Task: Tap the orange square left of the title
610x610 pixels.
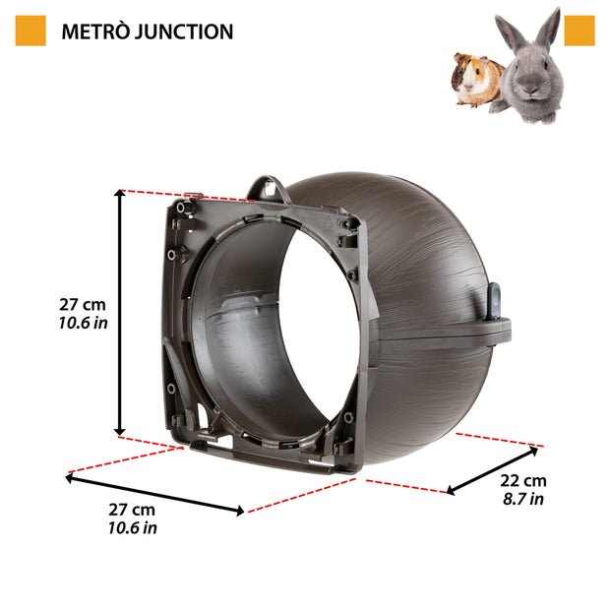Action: pyautogui.click(x=30, y=30)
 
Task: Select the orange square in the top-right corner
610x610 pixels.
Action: pyautogui.click(x=579, y=30)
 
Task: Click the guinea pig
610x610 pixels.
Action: pyautogui.click(x=475, y=79)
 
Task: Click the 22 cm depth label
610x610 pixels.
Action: pyautogui.click(x=521, y=480)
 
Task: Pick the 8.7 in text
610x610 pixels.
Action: pyautogui.click(x=521, y=499)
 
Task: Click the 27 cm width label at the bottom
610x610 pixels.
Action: pyautogui.click(x=132, y=510)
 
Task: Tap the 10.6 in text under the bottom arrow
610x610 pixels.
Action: pyautogui.click(x=132, y=528)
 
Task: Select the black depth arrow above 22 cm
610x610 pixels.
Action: pyautogui.click(x=493, y=469)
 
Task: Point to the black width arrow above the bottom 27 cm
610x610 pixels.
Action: pyautogui.click(x=154, y=494)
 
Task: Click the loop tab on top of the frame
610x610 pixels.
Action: pyautogui.click(x=265, y=187)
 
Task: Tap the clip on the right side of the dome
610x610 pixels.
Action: pyautogui.click(x=494, y=308)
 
